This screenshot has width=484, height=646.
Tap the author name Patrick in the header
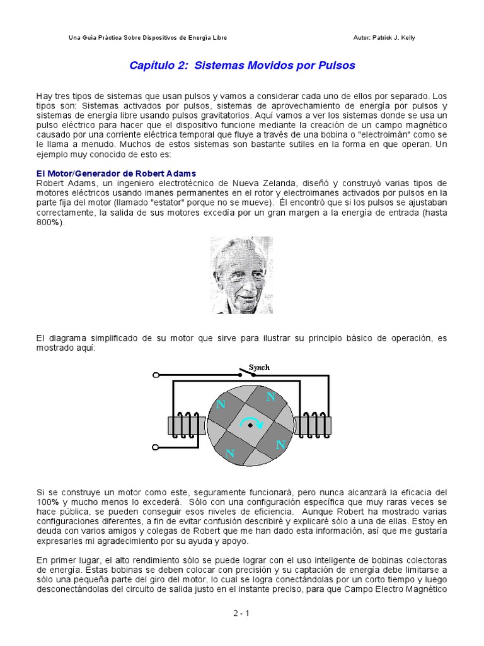tap(387, 38)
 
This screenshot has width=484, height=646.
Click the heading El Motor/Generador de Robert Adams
tap(116, 173)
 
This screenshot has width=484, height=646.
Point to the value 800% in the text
tap(50, 223)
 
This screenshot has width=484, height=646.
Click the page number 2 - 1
tap(242, 613)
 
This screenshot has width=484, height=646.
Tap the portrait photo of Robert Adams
tap(241, 275)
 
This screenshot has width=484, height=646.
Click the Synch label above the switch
tap(259, 367)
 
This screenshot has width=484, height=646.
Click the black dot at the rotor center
tap(250, 426)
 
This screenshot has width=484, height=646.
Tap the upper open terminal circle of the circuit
tap(157, 375)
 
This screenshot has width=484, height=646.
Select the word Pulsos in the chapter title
tap(338, 66)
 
